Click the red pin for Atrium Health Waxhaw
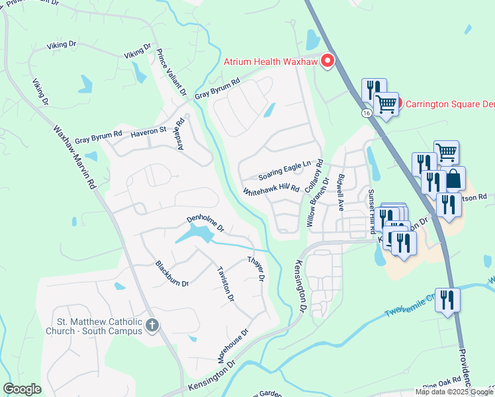(327, 62)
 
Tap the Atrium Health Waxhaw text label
(270, 62)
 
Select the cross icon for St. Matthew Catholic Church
(152, 325)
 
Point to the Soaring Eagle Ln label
(285, 170)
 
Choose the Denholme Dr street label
(206, 223)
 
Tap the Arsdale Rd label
(179, 134)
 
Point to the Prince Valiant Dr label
(171, 71)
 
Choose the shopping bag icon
(453, 179)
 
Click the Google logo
(22, 389)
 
